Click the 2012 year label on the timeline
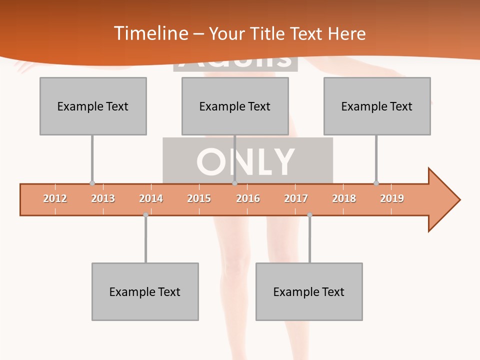coord(55,198)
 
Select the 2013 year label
coord(103,198)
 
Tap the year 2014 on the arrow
coord(151,198)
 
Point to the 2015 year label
coord(199,198)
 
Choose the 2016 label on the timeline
coord(248,198)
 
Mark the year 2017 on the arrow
coord(296,198)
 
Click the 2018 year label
coord(344,198)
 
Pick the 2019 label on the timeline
coord(392,198)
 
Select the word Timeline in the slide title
coord(150,33)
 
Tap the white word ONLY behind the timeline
coord(245,161)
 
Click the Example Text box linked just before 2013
coord(93,106)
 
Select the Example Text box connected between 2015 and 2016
coord(235,106)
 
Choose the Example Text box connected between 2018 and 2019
coord(377,106)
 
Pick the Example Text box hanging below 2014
coord(145,291)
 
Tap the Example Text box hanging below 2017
coord(309,291)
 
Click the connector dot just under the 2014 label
coord(145,215)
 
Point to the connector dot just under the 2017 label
coord(309,215)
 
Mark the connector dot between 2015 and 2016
coord(234,183)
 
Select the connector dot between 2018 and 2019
coord(376,183)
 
